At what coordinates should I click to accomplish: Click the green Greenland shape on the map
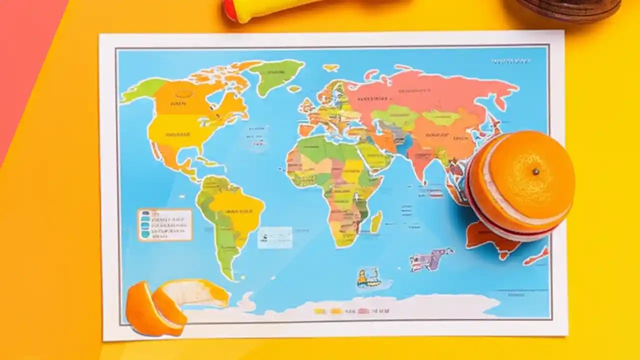coord(276,75)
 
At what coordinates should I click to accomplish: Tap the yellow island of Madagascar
coord(376,221)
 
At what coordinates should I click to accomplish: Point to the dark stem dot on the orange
coord(535,172)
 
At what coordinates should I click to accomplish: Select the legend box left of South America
coord(165,224)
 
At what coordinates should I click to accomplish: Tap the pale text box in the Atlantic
coord(274,237)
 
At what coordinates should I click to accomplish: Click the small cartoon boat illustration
coord(368,277)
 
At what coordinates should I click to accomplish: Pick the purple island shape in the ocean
coord(431,259)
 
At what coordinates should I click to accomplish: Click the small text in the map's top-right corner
coord(511,61)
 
